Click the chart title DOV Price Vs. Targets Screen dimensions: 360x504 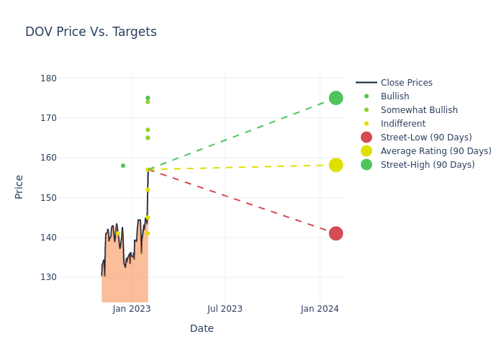[x=91, y=32]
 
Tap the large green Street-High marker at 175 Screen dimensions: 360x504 [x=336, y=98]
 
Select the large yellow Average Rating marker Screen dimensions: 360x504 [x=336, y=165]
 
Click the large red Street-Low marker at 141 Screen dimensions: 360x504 [x=336, y=233]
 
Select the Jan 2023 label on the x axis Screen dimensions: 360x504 [x=132, y=309]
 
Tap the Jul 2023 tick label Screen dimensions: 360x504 [x=225, y=309]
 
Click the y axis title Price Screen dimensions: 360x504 [x=19, y=186]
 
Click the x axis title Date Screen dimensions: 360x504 [x=202, y=329]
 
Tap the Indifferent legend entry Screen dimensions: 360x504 [x=402, y=124]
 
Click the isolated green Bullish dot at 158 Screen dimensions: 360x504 [x=123, y=166]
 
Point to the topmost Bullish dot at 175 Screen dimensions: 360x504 [x=148, y=98]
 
